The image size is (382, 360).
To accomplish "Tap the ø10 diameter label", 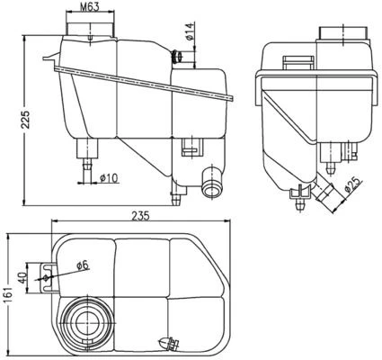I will point(109,176).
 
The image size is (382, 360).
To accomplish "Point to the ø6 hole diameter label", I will point(81,265).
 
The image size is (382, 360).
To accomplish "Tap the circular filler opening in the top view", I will point(87,319).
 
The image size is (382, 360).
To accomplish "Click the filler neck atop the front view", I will point(90,31).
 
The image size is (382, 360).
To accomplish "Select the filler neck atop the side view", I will point(344,34).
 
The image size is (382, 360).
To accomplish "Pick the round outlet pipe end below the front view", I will point(212,187).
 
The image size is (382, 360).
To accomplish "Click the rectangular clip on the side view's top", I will point(294,62).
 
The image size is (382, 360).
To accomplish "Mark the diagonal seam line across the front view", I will point(144,81).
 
